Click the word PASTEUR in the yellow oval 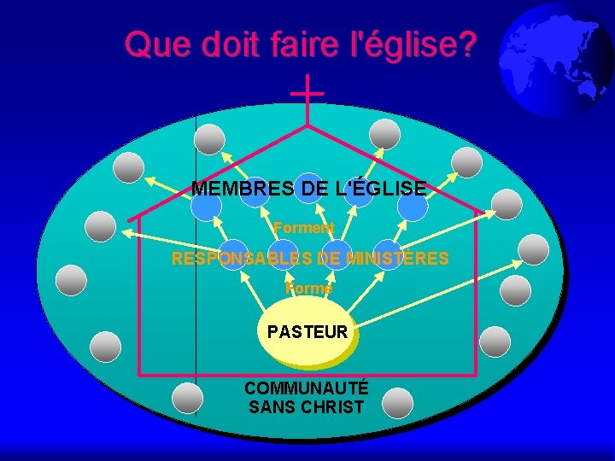click(307, 331)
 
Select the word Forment click(303, 228)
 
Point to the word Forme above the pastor click(308, 289)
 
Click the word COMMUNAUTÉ click(307, 388)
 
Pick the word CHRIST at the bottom click(332, 407)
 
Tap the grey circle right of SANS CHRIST click(397, 403)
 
